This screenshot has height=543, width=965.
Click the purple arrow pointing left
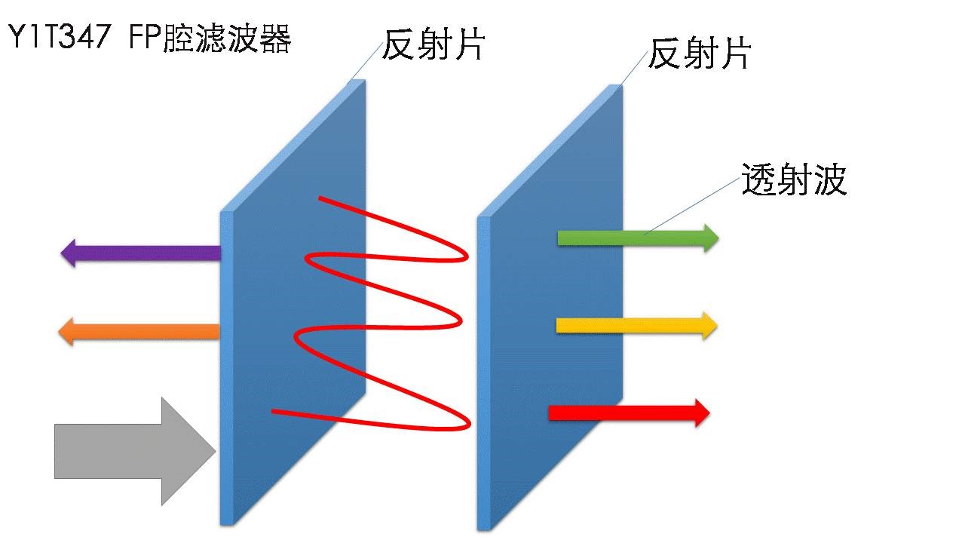tap(143, 253)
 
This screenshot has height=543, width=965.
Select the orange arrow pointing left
tap(143, 331)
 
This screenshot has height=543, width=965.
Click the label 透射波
tap(794, 180)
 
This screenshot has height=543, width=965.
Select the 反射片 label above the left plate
tap(433, 45)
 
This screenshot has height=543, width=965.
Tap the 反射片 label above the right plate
tap(700, 54)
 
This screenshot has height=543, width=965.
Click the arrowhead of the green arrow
tap(710, 238)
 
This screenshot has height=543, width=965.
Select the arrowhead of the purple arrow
tap(69, 253)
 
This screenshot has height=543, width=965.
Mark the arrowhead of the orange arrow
tap(67, 331)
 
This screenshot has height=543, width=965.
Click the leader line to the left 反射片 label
tap(366, 60)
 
